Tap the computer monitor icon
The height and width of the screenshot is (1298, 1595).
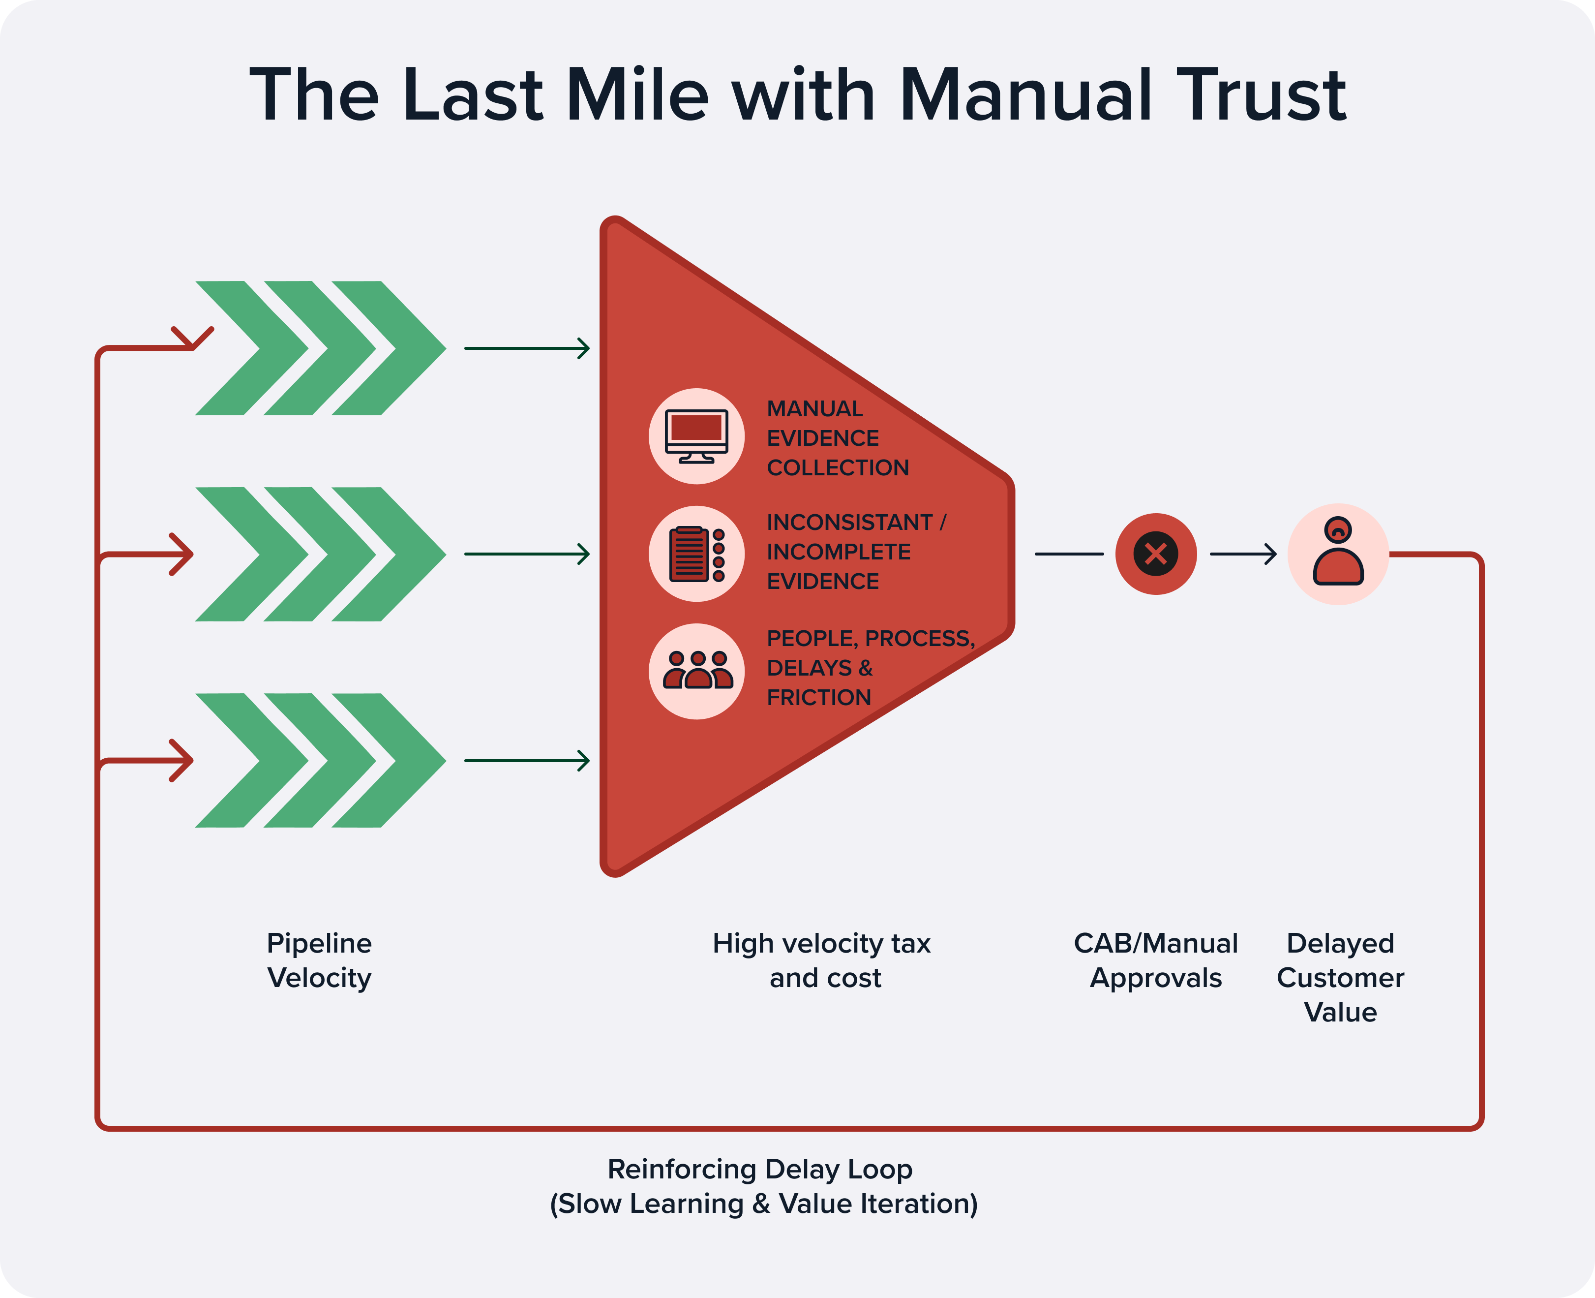[x=696, y=436]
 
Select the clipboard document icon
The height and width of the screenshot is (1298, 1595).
[x=696, y=554]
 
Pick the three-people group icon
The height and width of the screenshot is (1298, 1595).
[x=696, y=671]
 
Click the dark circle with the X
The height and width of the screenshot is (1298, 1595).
[x=1155, y=554]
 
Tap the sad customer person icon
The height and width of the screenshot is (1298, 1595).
[x=1338, y=554]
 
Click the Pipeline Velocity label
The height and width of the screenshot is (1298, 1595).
[x=319, y=960]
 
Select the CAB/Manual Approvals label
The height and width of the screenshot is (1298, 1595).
[x=1155, y=960]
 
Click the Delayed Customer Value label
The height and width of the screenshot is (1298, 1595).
[x=1340, y=977]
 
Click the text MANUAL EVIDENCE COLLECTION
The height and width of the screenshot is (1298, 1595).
[x=837, y=438]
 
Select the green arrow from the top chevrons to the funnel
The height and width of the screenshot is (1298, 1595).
[x=527, y=348]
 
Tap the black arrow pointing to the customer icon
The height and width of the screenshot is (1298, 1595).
[x=1243, y=554]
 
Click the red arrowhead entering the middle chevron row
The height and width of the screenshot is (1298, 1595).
[x=181, y=554]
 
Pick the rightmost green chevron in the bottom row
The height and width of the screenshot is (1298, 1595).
[x=389, y=760]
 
